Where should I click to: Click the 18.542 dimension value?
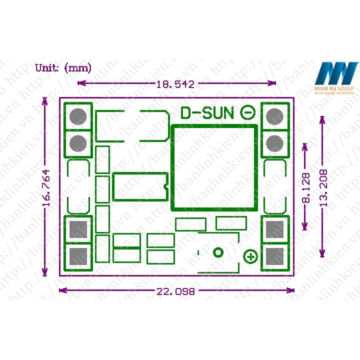click(175, 84)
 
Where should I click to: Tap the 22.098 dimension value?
click(175, 291)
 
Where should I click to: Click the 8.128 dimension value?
click(306, 187)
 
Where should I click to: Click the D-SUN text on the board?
click(207, 113)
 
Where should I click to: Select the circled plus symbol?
click(250, 257)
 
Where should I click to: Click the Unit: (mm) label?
click(63, 68)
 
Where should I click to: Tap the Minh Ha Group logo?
click(336, 78)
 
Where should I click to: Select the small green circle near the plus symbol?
click(218, 252)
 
